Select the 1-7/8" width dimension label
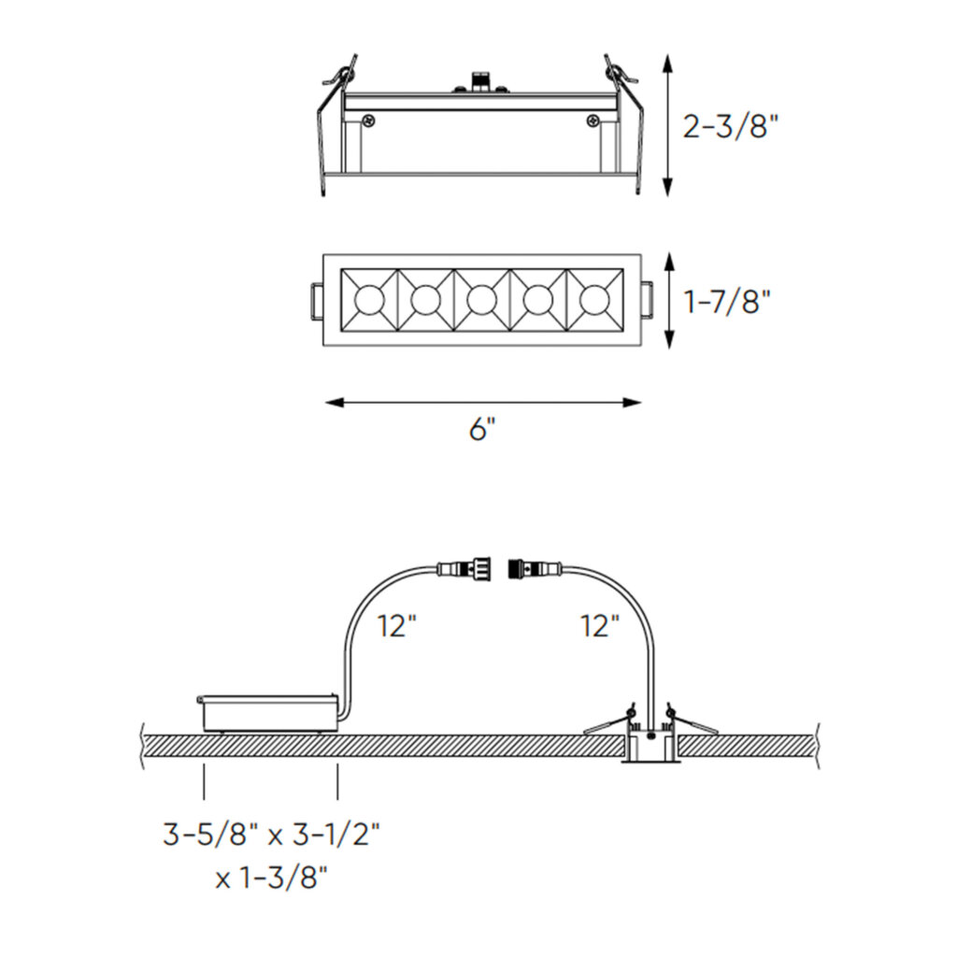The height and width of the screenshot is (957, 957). click(x=727, y=302)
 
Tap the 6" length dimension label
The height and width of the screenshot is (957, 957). click(x=481, y=431)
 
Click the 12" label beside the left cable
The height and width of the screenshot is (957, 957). click(x=397, y=625)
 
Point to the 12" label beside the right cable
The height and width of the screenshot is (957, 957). click(x=599, y=625)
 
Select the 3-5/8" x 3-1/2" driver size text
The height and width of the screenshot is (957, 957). click(x=271, y=834)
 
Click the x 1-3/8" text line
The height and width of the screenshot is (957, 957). click(x=271, y=878)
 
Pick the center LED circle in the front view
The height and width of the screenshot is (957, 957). click(x=481, y=300)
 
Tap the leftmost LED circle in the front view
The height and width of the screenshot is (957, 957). click(x=369, y=300)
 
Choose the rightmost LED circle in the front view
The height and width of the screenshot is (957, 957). click(x=593, y=300)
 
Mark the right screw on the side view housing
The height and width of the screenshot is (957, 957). click(x=593, y=121)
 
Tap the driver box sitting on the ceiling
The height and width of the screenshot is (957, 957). click(x=269, y=711)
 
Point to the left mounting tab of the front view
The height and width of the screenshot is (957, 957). click(x=316, y=300)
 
